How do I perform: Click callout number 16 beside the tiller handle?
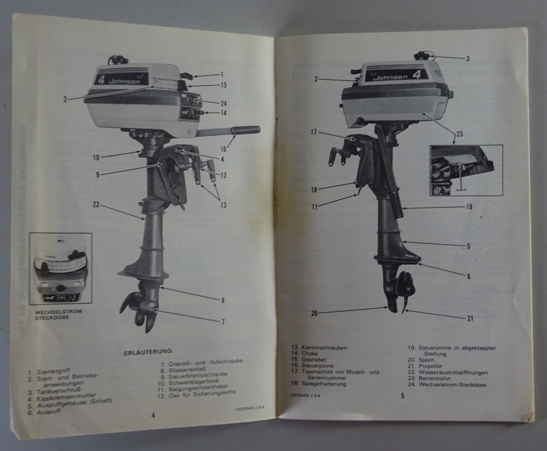[224, 149]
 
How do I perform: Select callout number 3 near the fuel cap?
[468, 58]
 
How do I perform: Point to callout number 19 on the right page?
[469, 207]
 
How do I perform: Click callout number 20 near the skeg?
[314, 313]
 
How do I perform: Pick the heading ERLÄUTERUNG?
[147, 351]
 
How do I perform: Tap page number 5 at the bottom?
[402, 396]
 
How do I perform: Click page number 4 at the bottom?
[154, 416]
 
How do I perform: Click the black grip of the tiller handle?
[245, 130]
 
